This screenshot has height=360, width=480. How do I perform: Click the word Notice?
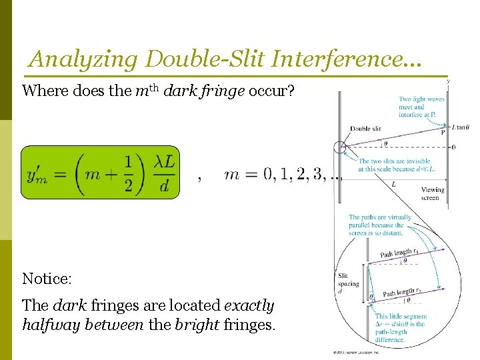tap(46, 277)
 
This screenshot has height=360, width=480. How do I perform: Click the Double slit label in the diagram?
tap(365, 129)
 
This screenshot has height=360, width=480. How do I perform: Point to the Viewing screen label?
tap(433, 193)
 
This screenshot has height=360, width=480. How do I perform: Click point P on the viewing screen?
tap(443, 132)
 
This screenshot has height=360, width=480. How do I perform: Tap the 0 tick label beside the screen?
tap(454, 147)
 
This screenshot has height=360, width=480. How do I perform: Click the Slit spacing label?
tap(347, 283)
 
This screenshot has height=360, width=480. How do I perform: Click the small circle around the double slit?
tap(341, 148)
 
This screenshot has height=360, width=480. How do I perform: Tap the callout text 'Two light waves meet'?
tap(421, 107)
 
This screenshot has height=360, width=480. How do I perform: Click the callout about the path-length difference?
tap(399, 327)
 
